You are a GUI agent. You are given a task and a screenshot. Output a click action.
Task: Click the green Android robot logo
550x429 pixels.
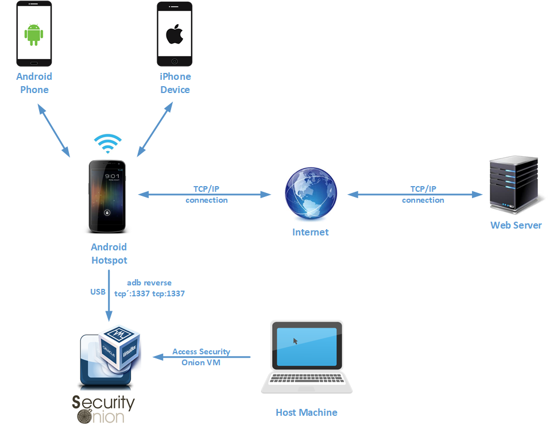[x=34, y=34]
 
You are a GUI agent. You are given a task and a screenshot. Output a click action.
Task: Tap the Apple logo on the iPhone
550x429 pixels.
[x=175, y=34]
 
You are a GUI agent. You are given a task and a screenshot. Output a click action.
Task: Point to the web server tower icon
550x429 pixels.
[x=514, y=185]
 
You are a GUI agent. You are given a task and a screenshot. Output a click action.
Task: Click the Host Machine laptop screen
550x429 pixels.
[x=306, y=348]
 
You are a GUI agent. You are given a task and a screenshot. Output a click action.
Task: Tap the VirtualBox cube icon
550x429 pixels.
[x=119, y=351]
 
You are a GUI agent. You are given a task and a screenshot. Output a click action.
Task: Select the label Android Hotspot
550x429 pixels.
[x=109, y=253]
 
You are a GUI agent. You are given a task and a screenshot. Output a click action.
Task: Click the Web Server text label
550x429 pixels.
[x=516, y=225]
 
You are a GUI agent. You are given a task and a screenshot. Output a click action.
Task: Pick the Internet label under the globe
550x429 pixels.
[x=311, y=232]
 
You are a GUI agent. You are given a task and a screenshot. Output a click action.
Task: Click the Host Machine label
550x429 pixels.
[x=306, y=412]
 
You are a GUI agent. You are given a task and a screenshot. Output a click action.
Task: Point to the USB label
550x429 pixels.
[x=98, y=292]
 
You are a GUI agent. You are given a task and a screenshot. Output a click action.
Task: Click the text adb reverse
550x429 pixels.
[x=149, y=283]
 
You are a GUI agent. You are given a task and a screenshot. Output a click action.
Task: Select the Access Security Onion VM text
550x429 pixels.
[x=201, y=357]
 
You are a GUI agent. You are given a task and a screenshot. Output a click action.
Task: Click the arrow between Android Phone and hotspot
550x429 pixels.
[x=53, y=130]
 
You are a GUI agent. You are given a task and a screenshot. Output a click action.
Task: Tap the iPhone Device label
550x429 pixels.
[x=175, y=83]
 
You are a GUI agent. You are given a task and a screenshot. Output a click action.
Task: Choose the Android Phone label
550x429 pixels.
[x=34, y=83]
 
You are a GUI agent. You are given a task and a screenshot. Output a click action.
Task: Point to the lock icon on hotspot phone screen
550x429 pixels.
[x=107, y=212]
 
